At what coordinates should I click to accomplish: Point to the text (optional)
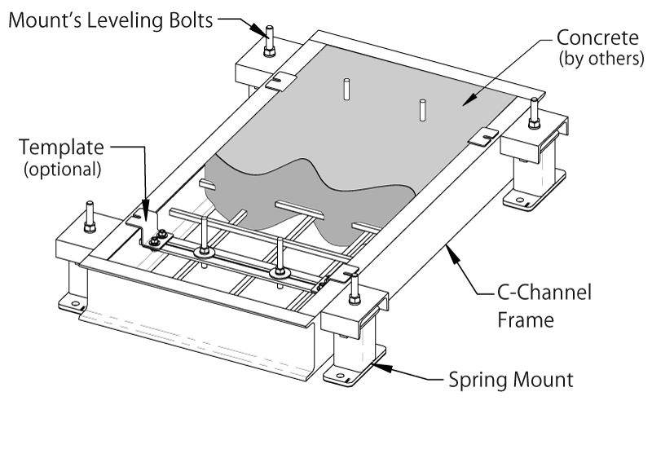pos(62,169)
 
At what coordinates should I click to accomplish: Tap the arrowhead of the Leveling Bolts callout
pos(262,29)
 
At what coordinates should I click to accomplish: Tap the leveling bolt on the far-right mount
pos(534,112)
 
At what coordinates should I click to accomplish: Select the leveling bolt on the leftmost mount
pos(88,215)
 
